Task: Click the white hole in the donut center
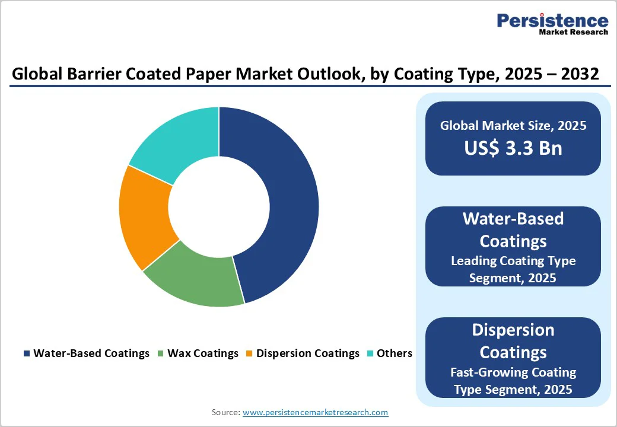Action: (x=219, y=207)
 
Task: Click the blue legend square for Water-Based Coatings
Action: (x=26, y=353)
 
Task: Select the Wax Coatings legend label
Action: (x=203, y=353)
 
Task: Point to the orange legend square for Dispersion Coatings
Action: (x=249, y=353)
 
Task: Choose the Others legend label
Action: (x=394, y=353)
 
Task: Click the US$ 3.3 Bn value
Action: (x=513, y=148)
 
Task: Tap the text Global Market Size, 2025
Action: (x=513, y=126)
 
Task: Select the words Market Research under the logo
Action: (x=573, y=33)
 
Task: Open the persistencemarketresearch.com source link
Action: (x=315, y=412)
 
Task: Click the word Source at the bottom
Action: (x=225, y=412)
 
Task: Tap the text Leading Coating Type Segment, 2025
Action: (x=513, y=269)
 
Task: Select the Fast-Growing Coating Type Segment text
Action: (x=513, y=381)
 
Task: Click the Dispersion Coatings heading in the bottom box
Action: (x=513, y=341)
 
